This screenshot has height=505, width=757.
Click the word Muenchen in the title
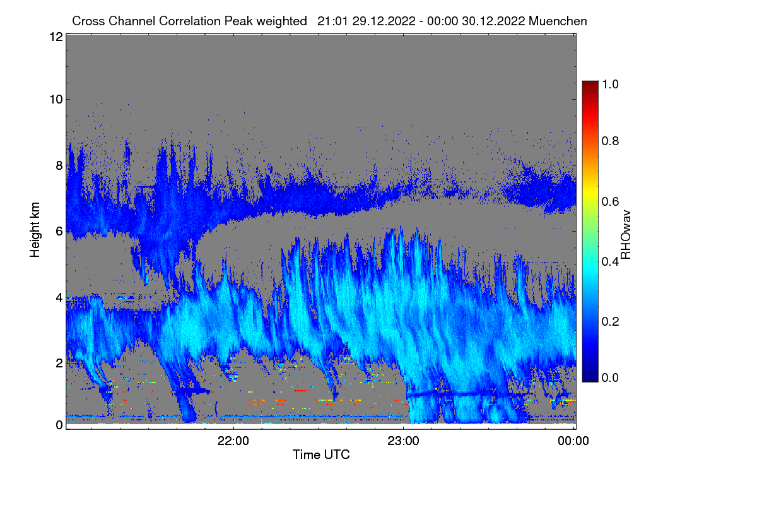[558, 21]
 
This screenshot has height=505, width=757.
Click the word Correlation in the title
[190, 21]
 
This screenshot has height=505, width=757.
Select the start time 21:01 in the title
[332, 21]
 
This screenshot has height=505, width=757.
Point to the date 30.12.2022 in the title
[493, 21]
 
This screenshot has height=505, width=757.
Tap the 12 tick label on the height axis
[56, 37]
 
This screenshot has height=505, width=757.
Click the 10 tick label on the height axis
[56, 99]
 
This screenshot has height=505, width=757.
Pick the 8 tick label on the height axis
[59, 165]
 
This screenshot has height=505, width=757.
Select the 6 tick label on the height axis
[59, 232]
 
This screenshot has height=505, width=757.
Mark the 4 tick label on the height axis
[59, 298]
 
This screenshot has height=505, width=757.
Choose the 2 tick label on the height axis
[59, 363]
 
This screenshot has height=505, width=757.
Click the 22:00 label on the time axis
[233, 441]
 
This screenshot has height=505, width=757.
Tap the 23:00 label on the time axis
[403, 441]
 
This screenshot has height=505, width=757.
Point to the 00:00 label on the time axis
[573, 441]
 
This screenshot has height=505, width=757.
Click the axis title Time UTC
[321, 454]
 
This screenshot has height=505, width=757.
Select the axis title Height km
[35, 230]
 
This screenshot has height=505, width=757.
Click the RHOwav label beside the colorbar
[626, 235]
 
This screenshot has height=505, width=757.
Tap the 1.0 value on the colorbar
[610, 84]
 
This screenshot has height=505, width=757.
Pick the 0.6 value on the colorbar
[610, 201]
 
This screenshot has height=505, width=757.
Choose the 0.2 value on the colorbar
[610, 321]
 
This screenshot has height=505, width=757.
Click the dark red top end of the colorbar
[590, 83]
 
